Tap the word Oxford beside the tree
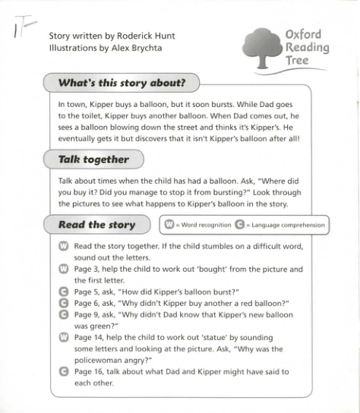[304, 34]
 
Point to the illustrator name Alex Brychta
[139, 48]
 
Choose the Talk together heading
[93, 159]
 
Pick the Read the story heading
[96, 225]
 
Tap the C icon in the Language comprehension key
[240, 225]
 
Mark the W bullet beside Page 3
[64, 270]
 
